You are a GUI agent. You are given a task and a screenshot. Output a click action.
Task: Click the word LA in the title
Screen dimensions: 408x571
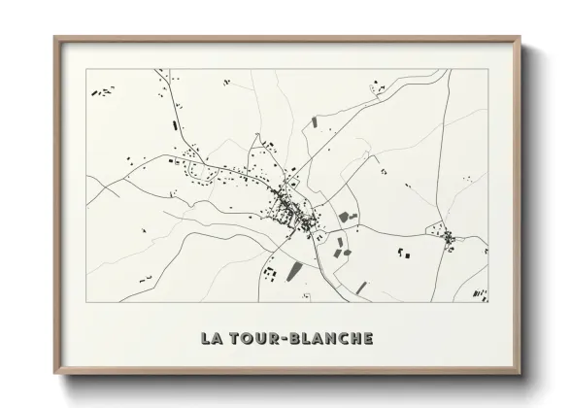pos(211,339)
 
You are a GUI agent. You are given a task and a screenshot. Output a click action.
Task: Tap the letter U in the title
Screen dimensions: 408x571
pos(259,339)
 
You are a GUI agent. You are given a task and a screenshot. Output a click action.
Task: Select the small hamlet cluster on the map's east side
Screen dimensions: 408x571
pos(449,236)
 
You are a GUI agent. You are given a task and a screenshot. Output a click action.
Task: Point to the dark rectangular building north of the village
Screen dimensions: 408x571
pos(314,122)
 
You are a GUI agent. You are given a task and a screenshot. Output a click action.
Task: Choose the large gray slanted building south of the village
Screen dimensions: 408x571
pos(294,270)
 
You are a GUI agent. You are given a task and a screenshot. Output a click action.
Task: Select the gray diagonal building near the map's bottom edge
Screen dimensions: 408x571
pos(361,288)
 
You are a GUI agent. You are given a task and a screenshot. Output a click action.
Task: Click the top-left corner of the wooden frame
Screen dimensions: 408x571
pos(55,38)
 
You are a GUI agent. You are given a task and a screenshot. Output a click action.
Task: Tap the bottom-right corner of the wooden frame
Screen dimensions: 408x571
pos(520,374)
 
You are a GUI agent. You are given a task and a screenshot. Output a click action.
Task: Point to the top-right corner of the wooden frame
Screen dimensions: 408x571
pos(520,38)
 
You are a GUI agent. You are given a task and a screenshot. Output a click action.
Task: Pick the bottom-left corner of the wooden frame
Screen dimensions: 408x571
pos(55,374)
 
